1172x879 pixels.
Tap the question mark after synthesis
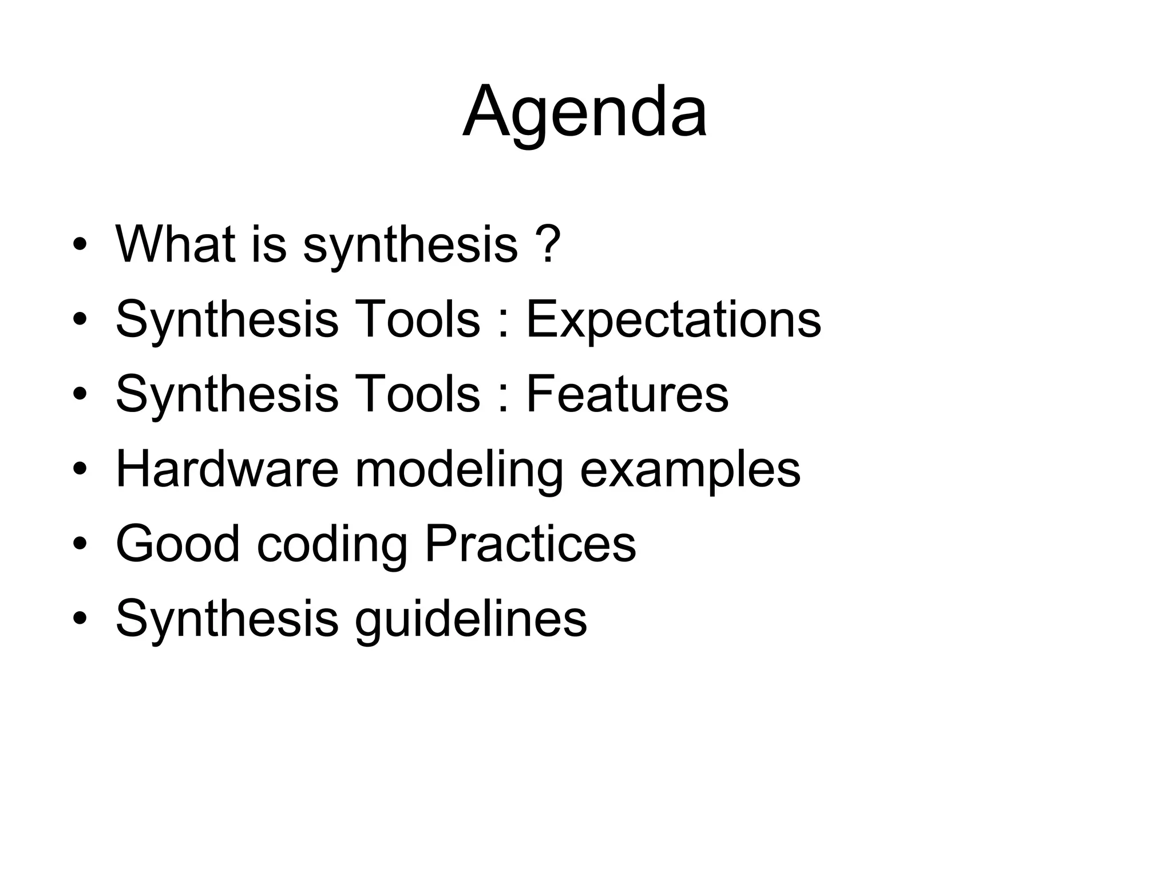click(549, 244)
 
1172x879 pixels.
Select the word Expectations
click(673, 319)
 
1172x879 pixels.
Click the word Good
click(177, 544)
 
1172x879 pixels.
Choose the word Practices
click(530, 544)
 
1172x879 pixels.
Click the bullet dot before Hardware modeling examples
click(80, 470)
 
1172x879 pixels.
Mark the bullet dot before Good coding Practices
click(80, 545)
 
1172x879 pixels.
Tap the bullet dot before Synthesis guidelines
click(80, 620)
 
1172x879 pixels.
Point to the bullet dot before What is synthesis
click(80, 246)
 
